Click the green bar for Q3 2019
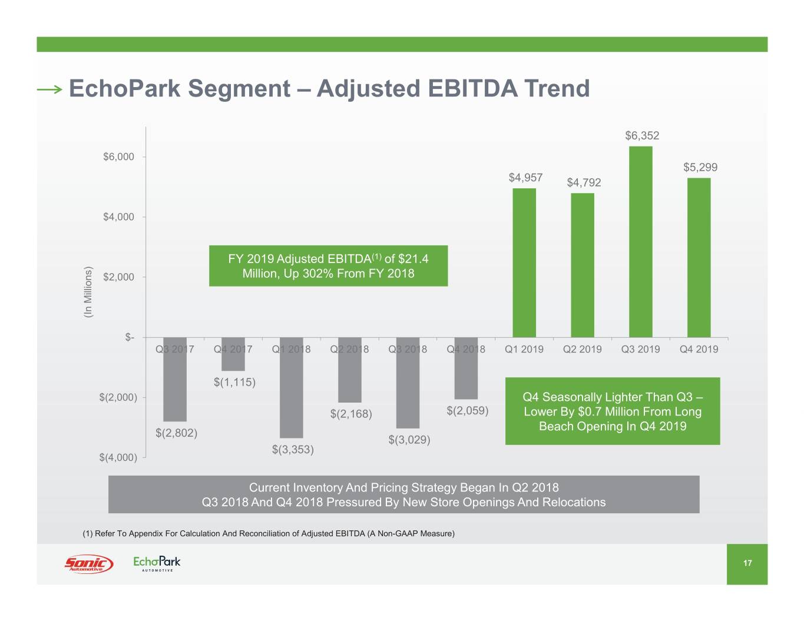641,241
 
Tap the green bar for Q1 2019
524,263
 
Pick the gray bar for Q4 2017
233,354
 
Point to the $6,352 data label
642,136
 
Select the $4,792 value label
584,182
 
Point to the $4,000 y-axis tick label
118,217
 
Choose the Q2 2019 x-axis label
582,349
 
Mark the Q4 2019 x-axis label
699,349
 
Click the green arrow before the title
49,89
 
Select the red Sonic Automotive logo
88,563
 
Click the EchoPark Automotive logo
157,563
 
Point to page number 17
747,563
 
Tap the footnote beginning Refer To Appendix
269,533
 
